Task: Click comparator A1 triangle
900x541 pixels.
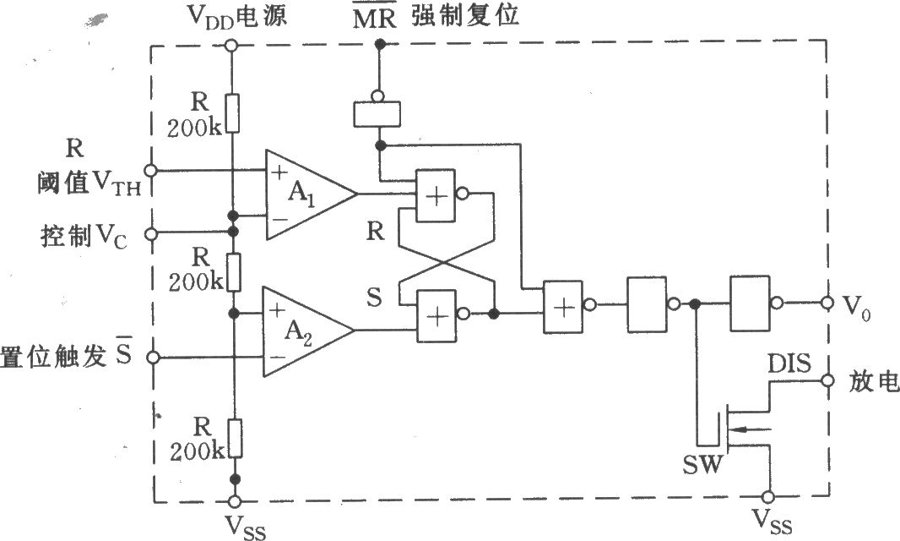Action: point(304,194)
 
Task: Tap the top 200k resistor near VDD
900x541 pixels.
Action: point(232,113)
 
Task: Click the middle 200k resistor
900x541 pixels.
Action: point(232,270)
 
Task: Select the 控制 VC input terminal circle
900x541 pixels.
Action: point(153,233)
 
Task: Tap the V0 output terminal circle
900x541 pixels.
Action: point(826,302)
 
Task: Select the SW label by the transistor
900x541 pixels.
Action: point(702,466)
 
